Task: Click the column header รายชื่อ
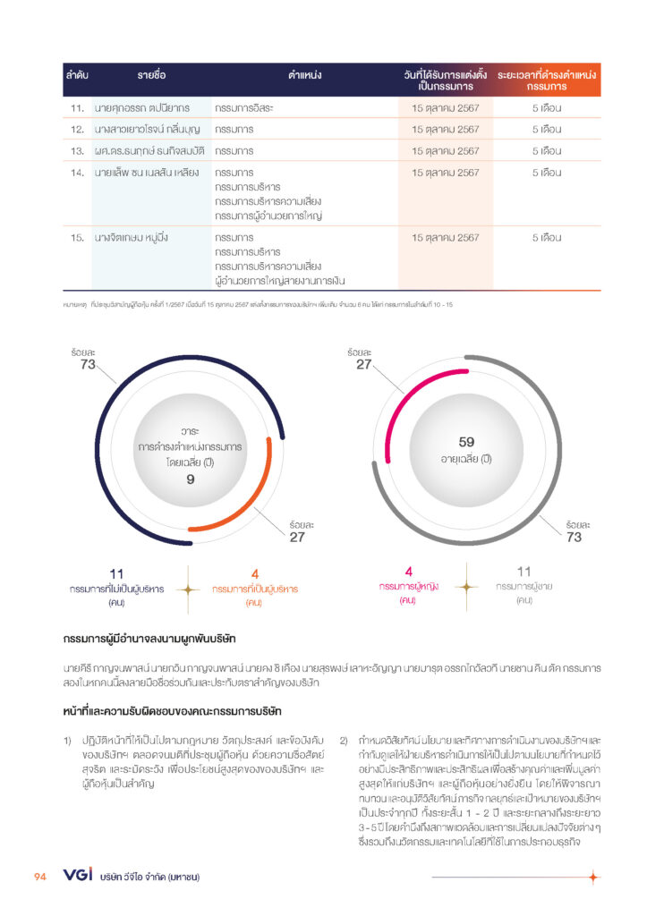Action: tap(151, 75)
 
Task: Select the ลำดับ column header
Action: tap(77, 75)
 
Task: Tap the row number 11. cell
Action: tap(77, 108)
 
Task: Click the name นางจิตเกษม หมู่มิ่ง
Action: tap(132, 238)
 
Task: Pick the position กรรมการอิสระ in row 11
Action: tap(246, 108)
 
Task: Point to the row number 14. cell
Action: tap(77, 173)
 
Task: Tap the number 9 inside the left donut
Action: tap(190, 479)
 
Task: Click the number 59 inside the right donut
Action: tap(466, 442)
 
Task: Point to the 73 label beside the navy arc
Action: tap(87, 364)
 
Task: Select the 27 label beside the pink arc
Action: tap(363, 364)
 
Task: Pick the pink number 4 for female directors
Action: tap(408, 571)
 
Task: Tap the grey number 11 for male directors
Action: tap(524, 571)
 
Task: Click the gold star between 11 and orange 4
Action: tap(187, 589)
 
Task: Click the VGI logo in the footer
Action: tap(78, 876)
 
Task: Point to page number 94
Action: tap(40, 877)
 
